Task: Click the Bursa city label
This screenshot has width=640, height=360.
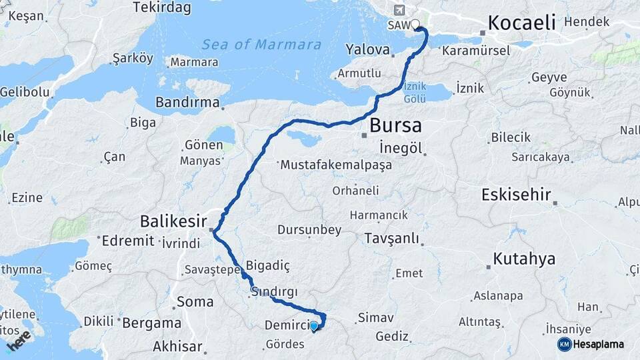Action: [x=395, y=125]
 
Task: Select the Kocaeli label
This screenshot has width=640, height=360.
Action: [x=521, y=22]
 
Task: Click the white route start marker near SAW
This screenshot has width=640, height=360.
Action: [x=415, y=25]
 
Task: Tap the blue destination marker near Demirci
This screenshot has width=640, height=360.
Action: [x=313, y=325]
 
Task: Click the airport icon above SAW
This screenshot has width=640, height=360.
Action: [x=399, y=10]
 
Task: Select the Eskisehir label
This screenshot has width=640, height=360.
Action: [x=517, y=195]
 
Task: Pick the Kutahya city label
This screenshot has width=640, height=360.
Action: [x=524, y=259]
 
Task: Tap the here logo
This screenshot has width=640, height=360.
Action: [x=19, y=340]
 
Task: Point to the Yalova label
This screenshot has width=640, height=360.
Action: [x=367, y=49]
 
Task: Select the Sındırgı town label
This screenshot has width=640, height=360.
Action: [x=275, y=292]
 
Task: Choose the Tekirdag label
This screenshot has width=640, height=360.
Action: [x=162, y=8]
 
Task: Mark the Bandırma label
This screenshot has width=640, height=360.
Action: [x=187, y=102]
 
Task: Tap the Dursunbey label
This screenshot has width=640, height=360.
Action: [x=309, y=230]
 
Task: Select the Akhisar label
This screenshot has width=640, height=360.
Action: [x=177, y=346]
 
